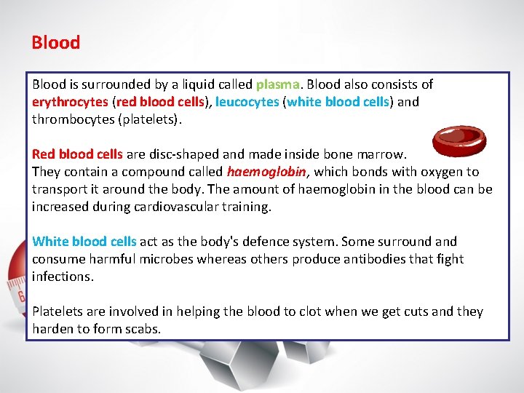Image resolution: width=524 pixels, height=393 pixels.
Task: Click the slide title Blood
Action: point(55,42)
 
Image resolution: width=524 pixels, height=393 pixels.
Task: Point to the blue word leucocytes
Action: point(247,102)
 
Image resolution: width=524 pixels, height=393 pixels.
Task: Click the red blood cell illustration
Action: point(458,141)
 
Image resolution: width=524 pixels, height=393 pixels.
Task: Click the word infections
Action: point(62,277)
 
